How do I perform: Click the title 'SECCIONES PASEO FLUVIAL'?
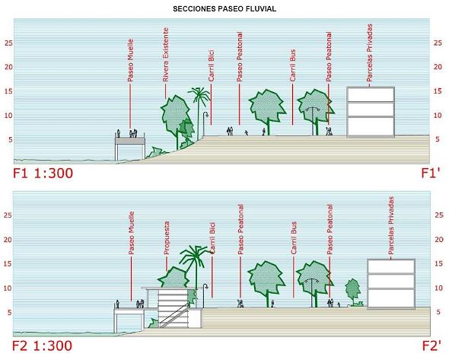(x=224, y=9)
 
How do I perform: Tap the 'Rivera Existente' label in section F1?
(x=165, y=55)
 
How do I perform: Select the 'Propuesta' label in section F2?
(x=167, y=238)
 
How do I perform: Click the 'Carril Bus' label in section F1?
(x=293, y=65)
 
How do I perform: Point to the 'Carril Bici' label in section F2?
(x=212, y=238)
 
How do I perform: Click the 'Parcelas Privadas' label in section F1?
(x=370, y=53)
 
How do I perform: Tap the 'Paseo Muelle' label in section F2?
(x=131, y=233)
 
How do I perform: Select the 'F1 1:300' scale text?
(x=43, y=174)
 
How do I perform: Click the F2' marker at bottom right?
(x=431, y=346)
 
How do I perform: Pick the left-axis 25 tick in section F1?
(x=8, y=43)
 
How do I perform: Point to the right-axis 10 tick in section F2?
(x=438, y=288)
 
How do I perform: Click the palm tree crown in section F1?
(x=199, y=94)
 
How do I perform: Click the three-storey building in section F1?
(x=371, y=112)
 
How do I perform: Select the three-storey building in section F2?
(x=391, y=284)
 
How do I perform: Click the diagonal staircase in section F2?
(x=174, y=316)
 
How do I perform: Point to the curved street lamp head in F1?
(x=206, y=115)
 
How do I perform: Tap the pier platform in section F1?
(x=130, y=141)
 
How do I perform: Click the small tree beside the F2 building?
(x=353, y=289)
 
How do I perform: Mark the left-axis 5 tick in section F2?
(x=9, y=312)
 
